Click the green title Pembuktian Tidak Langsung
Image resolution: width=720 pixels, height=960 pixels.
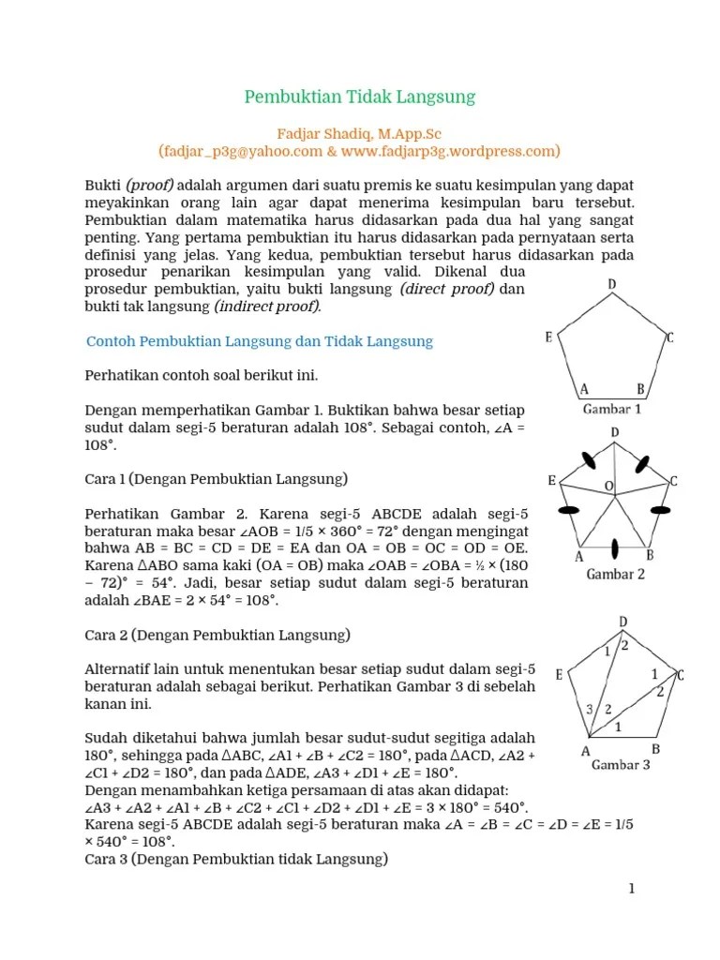[360, 97]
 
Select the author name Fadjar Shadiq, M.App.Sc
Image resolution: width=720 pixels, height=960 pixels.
[360, 134]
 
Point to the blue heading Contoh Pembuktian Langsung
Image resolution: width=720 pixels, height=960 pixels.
[260, 342]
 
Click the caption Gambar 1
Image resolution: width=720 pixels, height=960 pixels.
[612, 410]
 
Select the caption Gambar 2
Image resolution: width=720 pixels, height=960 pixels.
[615, 574]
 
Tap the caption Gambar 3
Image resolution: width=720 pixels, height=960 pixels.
[620, 765]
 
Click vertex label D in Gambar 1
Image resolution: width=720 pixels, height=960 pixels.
[611, 284]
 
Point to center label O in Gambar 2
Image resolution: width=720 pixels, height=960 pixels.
[608, 486]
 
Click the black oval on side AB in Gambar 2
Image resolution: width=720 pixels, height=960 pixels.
[614, 548]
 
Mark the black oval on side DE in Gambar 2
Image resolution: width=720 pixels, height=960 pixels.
[589, 458]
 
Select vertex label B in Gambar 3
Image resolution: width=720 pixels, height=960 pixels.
[655, 749]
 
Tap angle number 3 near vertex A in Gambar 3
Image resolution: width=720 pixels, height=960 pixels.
[589, 708]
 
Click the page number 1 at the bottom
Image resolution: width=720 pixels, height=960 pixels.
[631, 889]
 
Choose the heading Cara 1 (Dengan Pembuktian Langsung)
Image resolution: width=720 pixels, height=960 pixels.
[216, 479]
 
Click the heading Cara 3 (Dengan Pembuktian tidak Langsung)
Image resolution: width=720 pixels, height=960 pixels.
[236, 858]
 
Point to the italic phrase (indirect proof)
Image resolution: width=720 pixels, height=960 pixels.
[267, 307]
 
